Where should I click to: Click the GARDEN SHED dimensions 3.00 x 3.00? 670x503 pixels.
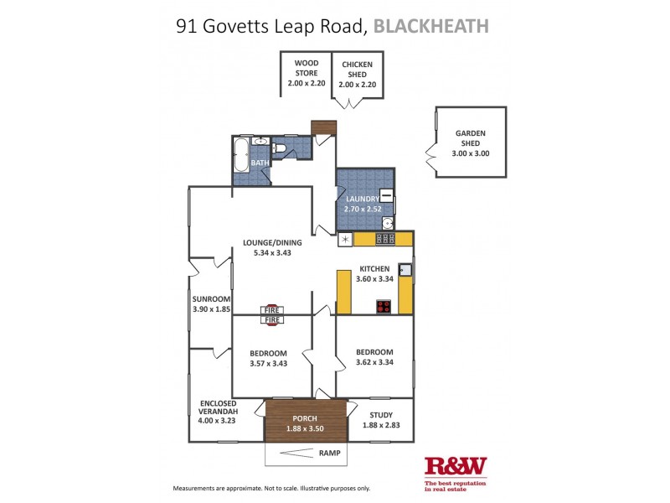tap(470, 153)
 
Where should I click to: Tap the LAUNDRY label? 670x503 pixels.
tap(358, 199)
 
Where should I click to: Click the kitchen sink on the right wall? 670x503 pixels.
tap(405, 269)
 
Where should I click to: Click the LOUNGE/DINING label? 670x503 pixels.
tap(271, 243)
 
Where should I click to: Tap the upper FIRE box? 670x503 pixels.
tap(272, 309)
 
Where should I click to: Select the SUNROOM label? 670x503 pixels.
tap(210, 298)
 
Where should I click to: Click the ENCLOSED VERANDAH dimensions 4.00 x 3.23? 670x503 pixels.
tap(217, 421)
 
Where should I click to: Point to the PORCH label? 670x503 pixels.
tap(305, 418)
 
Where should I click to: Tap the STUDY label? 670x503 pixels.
tap(379, 414)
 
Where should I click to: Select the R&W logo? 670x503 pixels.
tap(456, 466)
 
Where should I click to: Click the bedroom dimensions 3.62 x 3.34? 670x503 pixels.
tap(374, 363)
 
